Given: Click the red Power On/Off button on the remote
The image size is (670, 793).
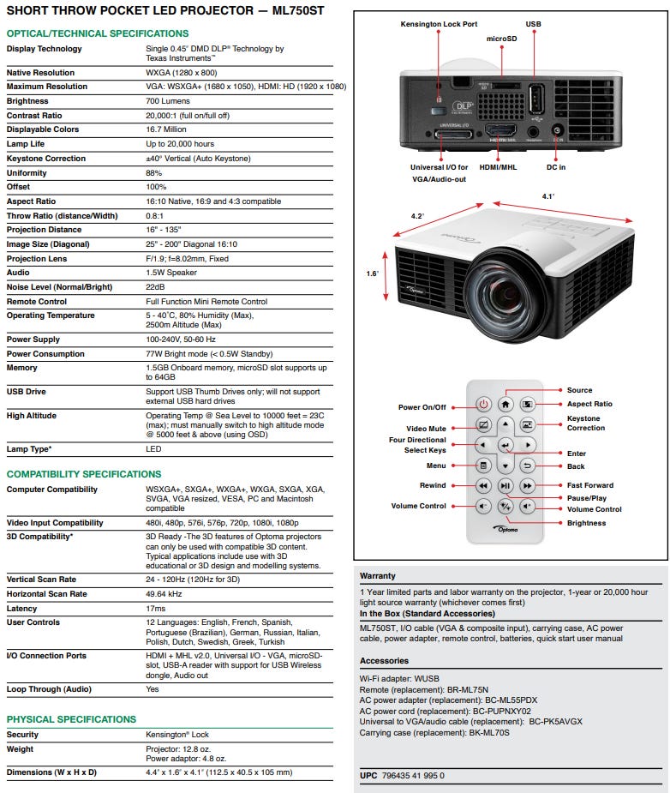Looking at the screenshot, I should tap(483, 403).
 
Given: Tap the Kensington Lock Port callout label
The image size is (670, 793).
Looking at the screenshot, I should tap(439, 24).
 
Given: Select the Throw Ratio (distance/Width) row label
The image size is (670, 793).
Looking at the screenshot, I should tap(63, 216).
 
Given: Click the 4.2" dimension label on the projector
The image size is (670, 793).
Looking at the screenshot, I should tap(417, 216).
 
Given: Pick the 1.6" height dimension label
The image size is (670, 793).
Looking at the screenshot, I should tap(372, 273).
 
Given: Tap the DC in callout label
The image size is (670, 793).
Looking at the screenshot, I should tap(556, 168).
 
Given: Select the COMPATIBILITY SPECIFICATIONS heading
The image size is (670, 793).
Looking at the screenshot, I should tap(84, 474).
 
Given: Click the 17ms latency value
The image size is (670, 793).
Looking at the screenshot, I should tap(157, 608).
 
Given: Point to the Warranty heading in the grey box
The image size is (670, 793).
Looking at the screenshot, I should tap(378, 576).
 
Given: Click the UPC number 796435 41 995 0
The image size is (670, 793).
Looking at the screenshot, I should tap(415, 776).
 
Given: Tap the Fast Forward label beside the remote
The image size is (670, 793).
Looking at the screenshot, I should tap(590, 485).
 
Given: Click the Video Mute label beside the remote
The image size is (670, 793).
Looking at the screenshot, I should tap(426, 429).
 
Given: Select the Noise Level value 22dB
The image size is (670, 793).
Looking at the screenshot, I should tap(156, 287).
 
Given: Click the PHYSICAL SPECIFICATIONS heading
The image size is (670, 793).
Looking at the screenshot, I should tap(71, 719).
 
